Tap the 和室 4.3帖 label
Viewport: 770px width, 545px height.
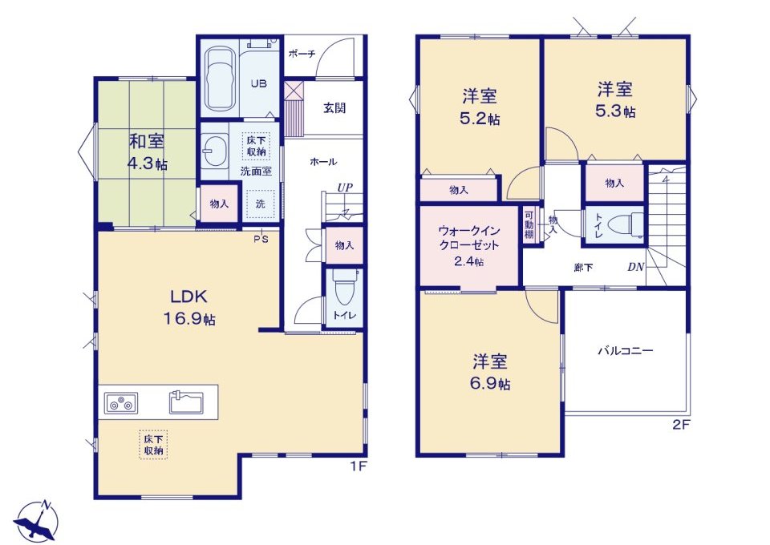click(x=147, y=152)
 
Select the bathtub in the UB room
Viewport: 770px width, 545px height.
click(x=220, y=79)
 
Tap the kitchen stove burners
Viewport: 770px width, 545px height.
click(x=121, y=404)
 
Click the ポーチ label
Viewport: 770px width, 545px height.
click(x=302, y=54)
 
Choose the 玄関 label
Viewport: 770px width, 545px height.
click(x=334, y=107)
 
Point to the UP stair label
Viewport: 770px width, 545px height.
click(x=345, y=188)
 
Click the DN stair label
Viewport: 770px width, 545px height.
click(x=635, y=268)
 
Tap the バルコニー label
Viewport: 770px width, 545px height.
click(x=625, y=351)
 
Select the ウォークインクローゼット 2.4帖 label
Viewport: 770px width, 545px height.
click(x=468, y=244)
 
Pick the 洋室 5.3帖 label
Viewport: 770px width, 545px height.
click(x=615, y=100)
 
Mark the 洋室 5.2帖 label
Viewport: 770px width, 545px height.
click(x=480, y=106)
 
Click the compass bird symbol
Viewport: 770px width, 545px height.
click(x=35, y=522)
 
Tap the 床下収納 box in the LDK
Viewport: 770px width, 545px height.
click(x=153, y=444)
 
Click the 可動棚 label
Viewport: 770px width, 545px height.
click(x=529, y=224)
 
